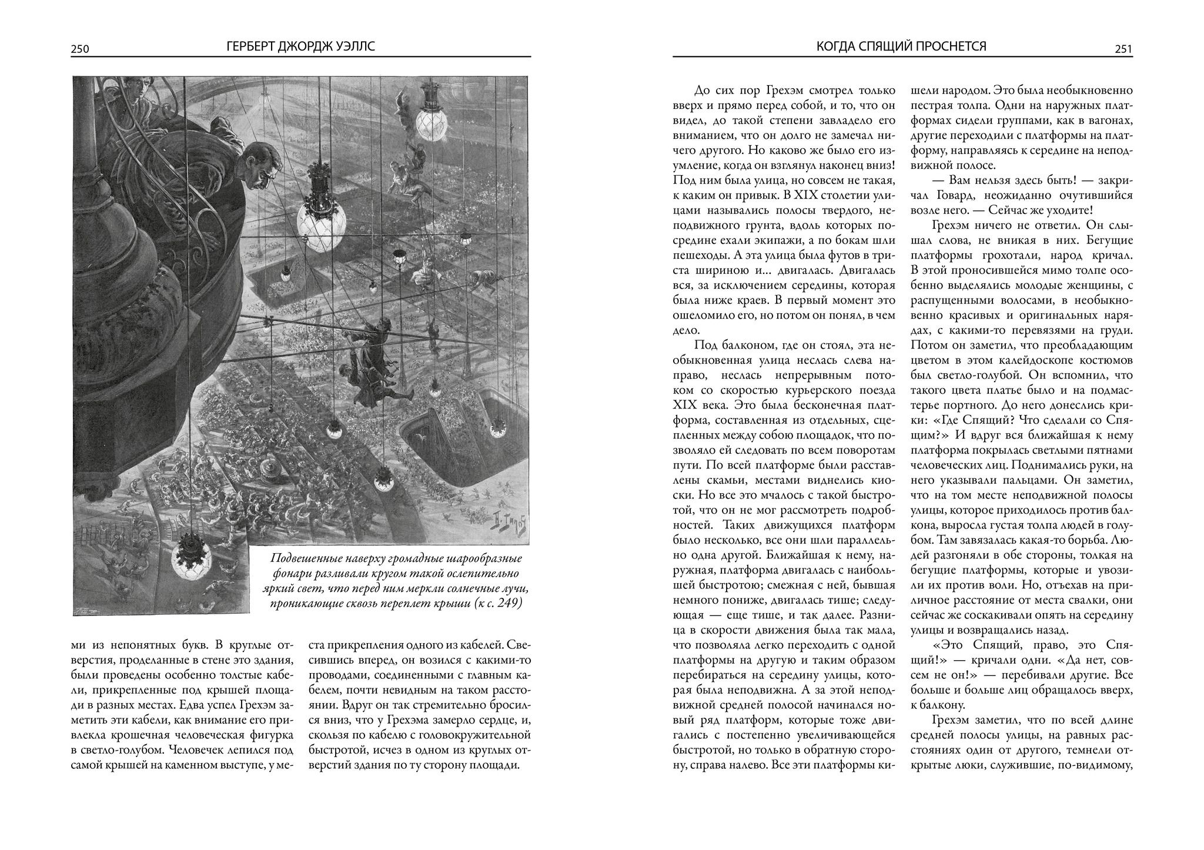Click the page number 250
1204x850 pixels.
pos(79,49)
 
